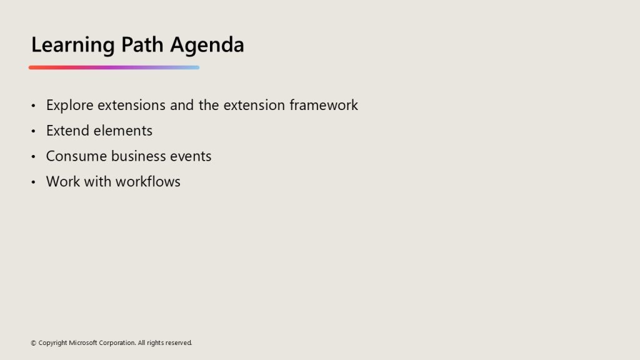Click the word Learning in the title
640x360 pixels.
coord(72,45)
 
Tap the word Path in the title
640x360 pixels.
coord(142,44)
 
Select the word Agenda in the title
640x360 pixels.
coord(207,45)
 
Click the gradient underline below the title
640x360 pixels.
coord(114,67)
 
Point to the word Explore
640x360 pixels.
coord(70,105)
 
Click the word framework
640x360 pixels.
coord(324,105)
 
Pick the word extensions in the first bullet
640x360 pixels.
coord(131,105)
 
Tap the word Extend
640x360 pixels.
coord(67,131)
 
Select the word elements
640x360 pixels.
coord(122,131)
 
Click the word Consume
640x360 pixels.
coord(76,156)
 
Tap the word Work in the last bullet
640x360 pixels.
coord(63,181)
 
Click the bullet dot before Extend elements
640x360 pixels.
coord(34,131)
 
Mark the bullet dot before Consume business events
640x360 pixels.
coord(34,156)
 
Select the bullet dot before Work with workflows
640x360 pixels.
coord(34,182)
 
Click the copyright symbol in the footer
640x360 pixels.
coord(34,343)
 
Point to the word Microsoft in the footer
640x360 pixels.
coord(83,342)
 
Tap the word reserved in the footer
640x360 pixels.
coord(178,343)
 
